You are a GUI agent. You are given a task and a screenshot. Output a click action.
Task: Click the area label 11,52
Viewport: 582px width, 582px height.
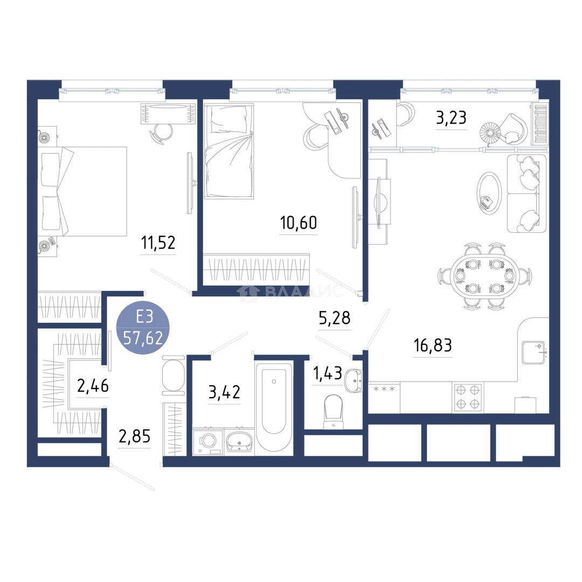coord(158,243)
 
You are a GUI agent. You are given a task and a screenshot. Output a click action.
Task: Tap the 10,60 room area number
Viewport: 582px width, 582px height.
coord(299,223)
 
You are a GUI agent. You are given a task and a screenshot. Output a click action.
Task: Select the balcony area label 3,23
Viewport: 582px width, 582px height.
coord(451,118)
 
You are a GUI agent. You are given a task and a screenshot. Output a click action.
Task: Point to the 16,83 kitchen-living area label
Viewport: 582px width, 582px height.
coord(433,345)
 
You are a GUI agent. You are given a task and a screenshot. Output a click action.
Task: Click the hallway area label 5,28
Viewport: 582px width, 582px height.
coord(335,318)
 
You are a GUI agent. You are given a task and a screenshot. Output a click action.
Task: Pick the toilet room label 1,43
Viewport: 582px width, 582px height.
coord(328,373)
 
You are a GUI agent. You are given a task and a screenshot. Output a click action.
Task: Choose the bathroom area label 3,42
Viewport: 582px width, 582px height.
coord(224,392)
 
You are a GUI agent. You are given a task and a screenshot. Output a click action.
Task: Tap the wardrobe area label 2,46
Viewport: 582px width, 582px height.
coord(93,386)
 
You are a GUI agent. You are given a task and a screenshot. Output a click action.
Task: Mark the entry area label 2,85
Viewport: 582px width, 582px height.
coord(134,436)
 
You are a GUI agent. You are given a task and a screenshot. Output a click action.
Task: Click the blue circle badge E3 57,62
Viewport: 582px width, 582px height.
coord(143,328)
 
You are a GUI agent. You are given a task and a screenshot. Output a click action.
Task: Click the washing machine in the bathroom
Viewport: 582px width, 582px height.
coord(207,442)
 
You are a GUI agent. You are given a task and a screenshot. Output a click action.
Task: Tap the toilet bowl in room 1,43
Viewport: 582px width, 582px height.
coord(334,411)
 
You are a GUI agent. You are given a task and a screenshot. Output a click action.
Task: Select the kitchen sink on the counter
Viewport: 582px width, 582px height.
coord(533,352)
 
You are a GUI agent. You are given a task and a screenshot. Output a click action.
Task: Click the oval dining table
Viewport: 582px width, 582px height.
coord(485,276)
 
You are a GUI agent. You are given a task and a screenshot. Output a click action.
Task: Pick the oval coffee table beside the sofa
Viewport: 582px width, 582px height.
coord(489,192)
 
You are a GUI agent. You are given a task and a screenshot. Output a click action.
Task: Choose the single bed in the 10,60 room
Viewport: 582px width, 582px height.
coord(228,150)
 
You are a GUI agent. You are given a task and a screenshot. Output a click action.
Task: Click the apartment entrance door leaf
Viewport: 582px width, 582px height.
coord(133,477)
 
